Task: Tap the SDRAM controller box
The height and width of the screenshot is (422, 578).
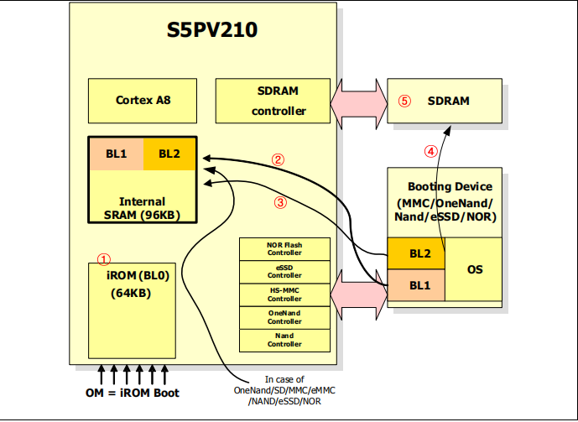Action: (x=273, y=100)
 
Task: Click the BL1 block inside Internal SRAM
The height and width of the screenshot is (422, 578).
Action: (x=116, y=154)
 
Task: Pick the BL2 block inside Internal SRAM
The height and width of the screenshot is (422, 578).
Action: (x=169, y=154)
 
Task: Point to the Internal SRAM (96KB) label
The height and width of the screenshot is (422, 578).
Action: (x=142, y=208)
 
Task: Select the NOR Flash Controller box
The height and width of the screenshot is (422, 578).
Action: (x=284, y=248)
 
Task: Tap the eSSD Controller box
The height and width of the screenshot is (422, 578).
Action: (x=284, y=271)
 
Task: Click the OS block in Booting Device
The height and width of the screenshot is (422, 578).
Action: (x=474, y=268)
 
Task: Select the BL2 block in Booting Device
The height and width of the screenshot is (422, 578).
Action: (x=415, y=253)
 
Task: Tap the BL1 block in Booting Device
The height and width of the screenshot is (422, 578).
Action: (x=415, y=285)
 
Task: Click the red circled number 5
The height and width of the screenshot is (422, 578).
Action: (x=404, y=101)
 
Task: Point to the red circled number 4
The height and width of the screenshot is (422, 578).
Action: (x=430, y=152)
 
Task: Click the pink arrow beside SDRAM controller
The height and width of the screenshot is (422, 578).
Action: (x=359, y=101)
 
